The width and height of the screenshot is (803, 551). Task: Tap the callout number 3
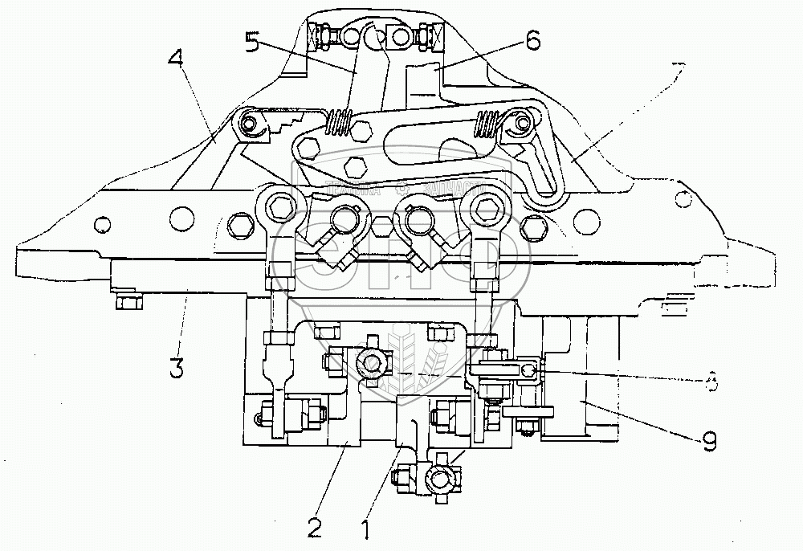(x=176, y=369)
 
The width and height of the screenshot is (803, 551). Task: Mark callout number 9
(x=706, y=439)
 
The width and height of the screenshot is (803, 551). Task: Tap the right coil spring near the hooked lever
(x=487, y=124)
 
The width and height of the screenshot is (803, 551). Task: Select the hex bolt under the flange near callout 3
(x=128, y=303)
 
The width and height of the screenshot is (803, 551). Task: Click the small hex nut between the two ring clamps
(x=381, y=227)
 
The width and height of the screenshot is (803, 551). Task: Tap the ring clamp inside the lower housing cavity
(x=372, y=365)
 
